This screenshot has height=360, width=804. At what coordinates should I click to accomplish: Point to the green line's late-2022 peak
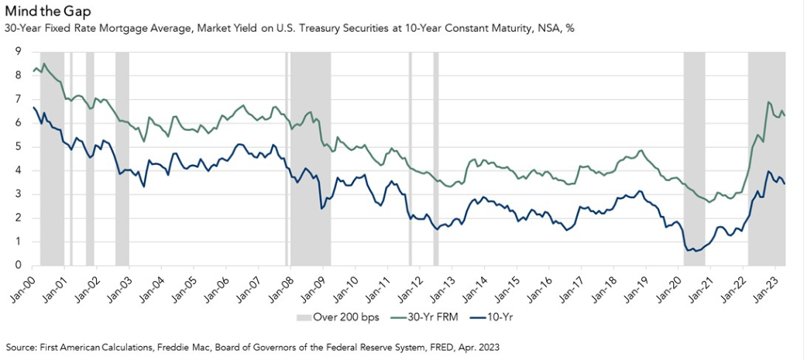tap(768, 102)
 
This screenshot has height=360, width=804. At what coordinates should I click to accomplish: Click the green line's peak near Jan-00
tap(43, 63)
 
